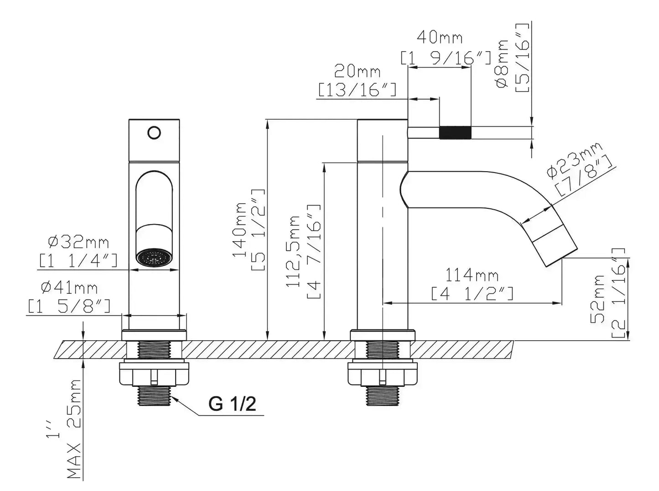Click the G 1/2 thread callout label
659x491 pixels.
pos(232,404)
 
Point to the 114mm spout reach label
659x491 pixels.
pos(472,275)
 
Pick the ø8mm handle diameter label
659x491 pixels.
pos(502,64)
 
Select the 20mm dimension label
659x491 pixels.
pos(358,71)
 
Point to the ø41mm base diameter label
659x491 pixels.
pos(69,288)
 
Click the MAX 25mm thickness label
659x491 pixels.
pos(74,428)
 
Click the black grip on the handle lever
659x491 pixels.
pos(455,132)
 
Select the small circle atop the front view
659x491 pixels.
pos(154,133)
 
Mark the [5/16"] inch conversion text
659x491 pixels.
pos(522,58)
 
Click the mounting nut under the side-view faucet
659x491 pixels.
pos(382,372)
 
